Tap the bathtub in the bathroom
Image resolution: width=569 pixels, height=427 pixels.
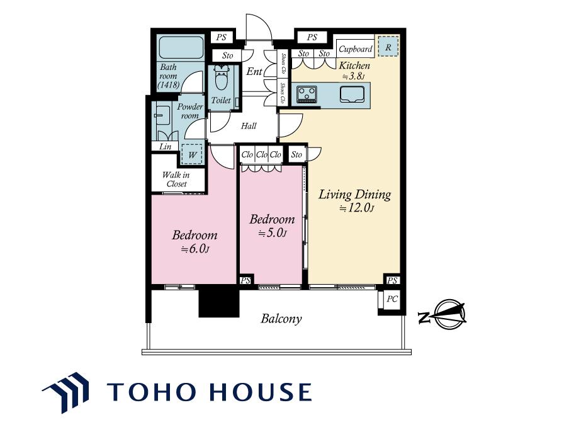pos(181,47)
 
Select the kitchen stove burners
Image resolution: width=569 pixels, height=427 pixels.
pos(307,94)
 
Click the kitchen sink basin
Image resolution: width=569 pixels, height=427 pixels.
pos(352,94)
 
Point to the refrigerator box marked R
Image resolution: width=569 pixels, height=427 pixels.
pos(388,47)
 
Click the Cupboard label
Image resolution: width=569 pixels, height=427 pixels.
pos(356,49)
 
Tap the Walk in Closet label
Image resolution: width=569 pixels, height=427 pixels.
pos(176,179)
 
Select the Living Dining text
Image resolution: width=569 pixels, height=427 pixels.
pos(354,195)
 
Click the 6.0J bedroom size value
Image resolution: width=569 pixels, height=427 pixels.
pos(195,249)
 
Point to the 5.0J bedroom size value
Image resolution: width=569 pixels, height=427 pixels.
pos(272,234)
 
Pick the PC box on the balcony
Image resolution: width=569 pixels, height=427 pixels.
pos(392,299)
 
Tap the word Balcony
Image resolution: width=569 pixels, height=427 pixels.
pos(281,319)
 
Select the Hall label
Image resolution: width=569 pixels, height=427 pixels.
pos(249,126)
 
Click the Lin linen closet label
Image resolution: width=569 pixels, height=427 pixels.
pos(165,147)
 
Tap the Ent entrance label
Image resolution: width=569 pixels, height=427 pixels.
pos(254,72)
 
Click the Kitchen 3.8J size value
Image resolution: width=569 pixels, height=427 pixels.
pos(354,77)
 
